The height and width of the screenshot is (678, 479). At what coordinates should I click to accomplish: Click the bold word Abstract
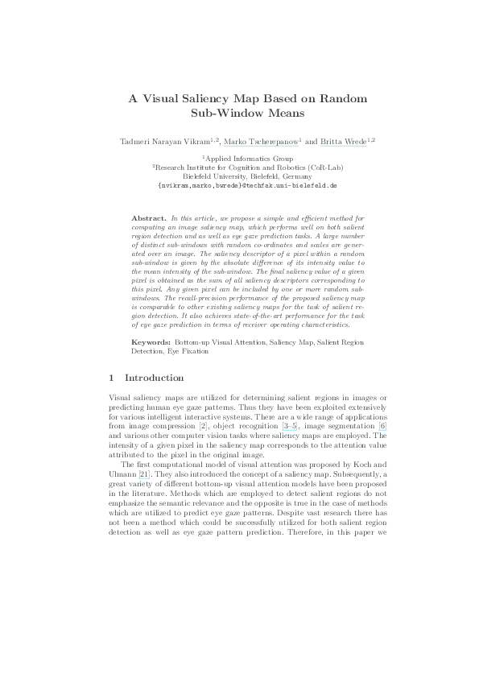coord(148,218)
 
